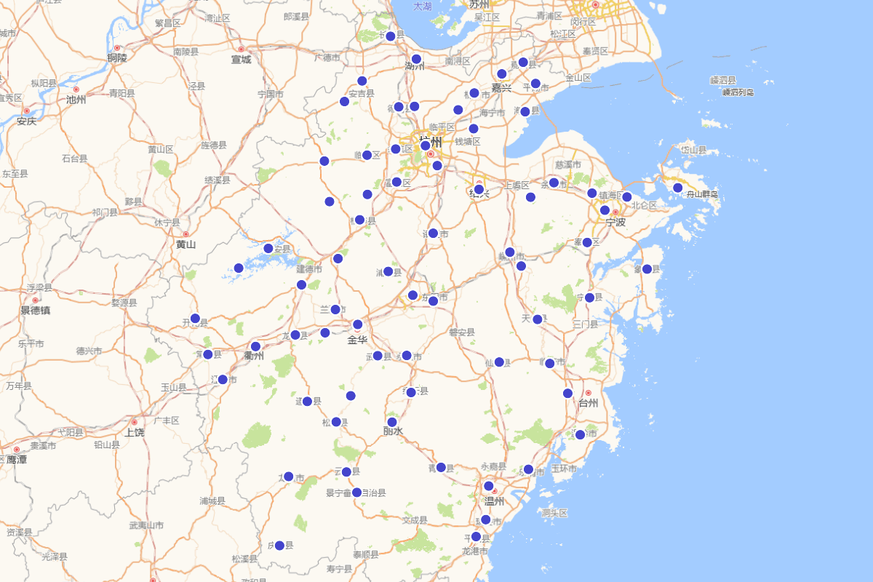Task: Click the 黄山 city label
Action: (x=186, y=244)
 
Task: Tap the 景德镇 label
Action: (x=35, y=311)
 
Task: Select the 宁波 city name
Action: (x=615, y=222)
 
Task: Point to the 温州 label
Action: (x=495, y=501)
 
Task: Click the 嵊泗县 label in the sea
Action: (x=723, y=80)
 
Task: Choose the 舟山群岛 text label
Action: (x=699, y=194)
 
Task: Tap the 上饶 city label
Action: (x=134, y=432)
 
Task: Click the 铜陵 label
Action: (x=117, y=58)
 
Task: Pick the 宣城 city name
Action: (x=241, y=60)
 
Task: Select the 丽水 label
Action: (x=393, y=431)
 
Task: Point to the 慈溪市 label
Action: (x=567, y=165)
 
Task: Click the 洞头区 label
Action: (x=554, y=513)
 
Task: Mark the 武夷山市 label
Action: (x=146, y=525)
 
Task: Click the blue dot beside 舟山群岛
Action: (x=677, y=188)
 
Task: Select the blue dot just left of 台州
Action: (x=567, y=394)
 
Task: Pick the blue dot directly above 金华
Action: (x=357, y=324)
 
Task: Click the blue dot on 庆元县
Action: (x=279, y=546)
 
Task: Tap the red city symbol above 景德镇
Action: (x=35, y=300)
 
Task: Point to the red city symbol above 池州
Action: (x=76, y=89)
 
